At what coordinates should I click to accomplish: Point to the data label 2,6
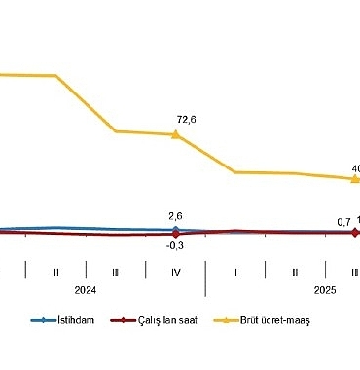tap(175, 216)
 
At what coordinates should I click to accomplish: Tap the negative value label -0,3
tap(175, 245)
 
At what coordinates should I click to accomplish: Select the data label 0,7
tap(343, 222)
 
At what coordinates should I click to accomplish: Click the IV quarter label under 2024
tap(175, 270)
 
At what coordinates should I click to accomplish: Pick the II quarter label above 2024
tap(56, 270)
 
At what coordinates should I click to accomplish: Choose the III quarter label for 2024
tap(116, 270)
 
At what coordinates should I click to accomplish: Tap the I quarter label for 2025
tap(235, 270)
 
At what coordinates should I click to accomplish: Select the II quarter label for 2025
tap(295, 270)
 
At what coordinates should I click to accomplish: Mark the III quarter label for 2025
tap(353, 270)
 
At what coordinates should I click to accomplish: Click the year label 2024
tap(87, 289)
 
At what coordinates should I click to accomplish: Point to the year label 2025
tap(325, 289)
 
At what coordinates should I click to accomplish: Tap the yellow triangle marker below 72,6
tap(175, 134)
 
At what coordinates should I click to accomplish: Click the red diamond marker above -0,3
tap(175, 234)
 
